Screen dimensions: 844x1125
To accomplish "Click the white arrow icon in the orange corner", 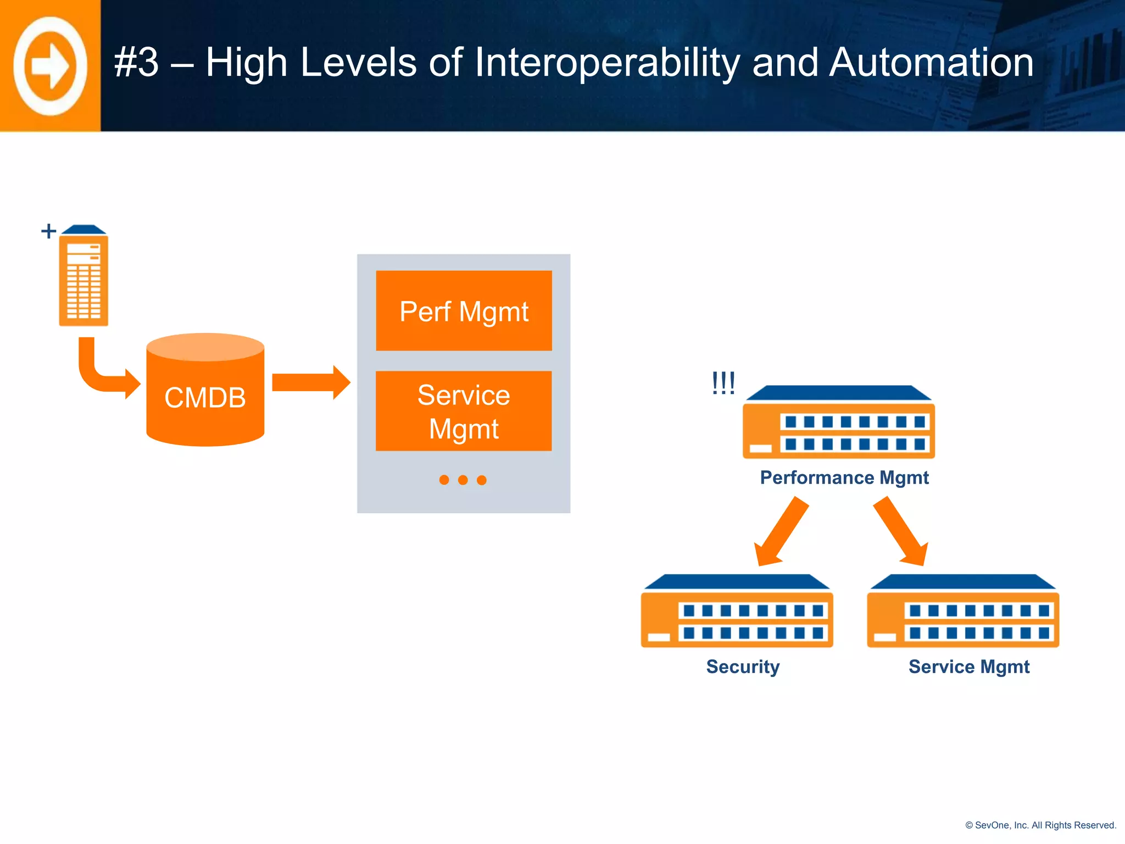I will pyautogui.click(x=50, y=66).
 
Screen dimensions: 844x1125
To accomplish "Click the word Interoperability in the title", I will pyautogui.click(x=606, y=63).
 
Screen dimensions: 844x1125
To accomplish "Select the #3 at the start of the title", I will pyautogui.click(x=136, y=63).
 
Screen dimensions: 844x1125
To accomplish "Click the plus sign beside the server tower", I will pyautogui.click(x=48, y=231).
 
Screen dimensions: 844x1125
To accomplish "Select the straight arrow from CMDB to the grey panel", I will pyautogui.click(x=310, y=382).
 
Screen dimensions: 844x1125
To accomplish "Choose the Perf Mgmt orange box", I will pyautogui.click(x=464, y=311).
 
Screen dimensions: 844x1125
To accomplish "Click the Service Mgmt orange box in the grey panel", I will pyautogui.click(x=464, y=411).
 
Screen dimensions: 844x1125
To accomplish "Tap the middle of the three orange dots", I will pyautogui.click(x=463, y=480).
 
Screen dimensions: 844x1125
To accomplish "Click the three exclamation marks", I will pyautogui.click(x=723, y=383).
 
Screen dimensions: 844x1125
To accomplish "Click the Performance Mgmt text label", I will pyautogui.click(x=844, y=477).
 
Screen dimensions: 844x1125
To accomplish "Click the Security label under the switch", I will pyautogui.click(x=743, y=667).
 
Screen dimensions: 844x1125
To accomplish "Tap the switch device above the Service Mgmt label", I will pyautogui.click(x=962, y=613).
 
